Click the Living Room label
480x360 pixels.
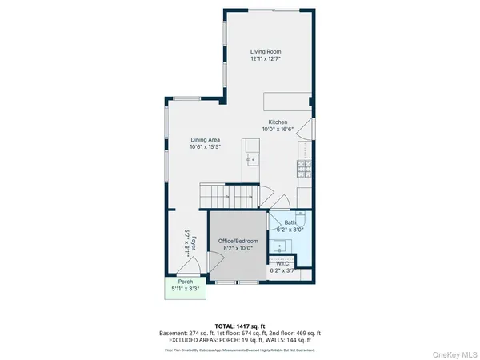pyautogui.click(x=266, y=52)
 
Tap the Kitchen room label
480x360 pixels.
pyautogui.click(x=278, y=122)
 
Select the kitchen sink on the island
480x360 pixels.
pyautogui.click(x=251, y=157)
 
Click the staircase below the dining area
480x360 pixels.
pyautogui.click(x=227, y=194)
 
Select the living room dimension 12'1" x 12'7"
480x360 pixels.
pyautogui.click(x=266, y=59)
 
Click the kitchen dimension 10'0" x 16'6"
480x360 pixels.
pyautogui.click(x=278, y=129)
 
